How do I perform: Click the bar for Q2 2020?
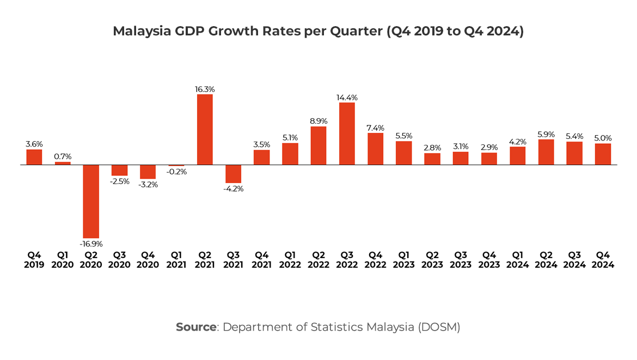point(91,201)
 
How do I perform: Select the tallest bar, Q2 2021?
point(205,130)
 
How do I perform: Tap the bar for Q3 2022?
point(347,133)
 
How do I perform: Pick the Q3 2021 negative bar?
point(233,174)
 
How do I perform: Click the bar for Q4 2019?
point(34,157)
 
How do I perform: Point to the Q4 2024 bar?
point(603,154)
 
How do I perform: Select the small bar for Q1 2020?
point(63,163)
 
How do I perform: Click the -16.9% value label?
point(91,243)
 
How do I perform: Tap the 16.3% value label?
point(205,89)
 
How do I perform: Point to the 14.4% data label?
point(347,97)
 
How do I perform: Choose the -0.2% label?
point(176,172)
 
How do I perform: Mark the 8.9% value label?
point(318,121)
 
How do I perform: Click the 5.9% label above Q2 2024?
point(546,134)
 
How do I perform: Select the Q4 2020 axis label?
point(148,260)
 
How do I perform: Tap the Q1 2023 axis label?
point(403,260)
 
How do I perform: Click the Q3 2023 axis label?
point(461,260)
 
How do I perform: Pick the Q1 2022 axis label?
point(290,260)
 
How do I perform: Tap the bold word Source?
point(196,327)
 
